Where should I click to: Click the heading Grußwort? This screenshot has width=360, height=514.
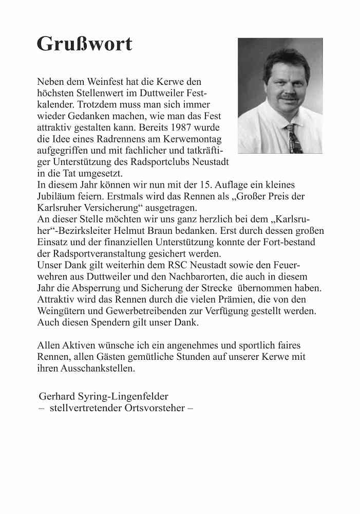[x=84, y=44]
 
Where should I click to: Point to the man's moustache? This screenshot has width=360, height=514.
[x=289, y=96]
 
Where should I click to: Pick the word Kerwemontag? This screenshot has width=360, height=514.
[x=199, y=138]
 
